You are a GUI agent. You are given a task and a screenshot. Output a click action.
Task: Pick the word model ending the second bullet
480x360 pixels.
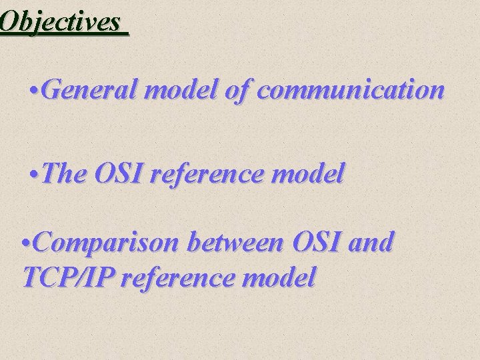tap(313, 174)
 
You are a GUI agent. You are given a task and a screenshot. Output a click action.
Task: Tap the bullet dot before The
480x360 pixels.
tap(35, 174)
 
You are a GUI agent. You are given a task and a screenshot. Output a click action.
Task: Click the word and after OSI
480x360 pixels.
tap(371, 243)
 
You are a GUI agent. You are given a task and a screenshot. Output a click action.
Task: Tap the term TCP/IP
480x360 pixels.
tap(62, 277)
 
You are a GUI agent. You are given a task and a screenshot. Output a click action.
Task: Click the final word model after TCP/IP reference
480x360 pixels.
tap(280, 277)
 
